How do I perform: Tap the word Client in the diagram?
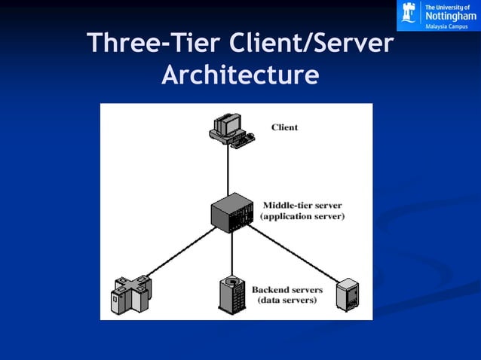click(x=284, y=127)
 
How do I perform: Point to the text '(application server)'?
click(x=302, y=216)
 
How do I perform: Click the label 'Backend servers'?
click(x=287, y=289)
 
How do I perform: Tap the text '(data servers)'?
click(x=287, y=301)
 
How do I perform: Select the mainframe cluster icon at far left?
click(x=131, y=294)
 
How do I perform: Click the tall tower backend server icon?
click(x=231, y=294)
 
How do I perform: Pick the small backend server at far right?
click(x=347, y=294)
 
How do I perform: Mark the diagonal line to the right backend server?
click(x=294, y=252)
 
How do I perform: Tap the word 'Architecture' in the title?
click(x=240, y=75)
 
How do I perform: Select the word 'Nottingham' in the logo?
click(x=451, y=17)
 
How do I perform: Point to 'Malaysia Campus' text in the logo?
click(x=446, y=26)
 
